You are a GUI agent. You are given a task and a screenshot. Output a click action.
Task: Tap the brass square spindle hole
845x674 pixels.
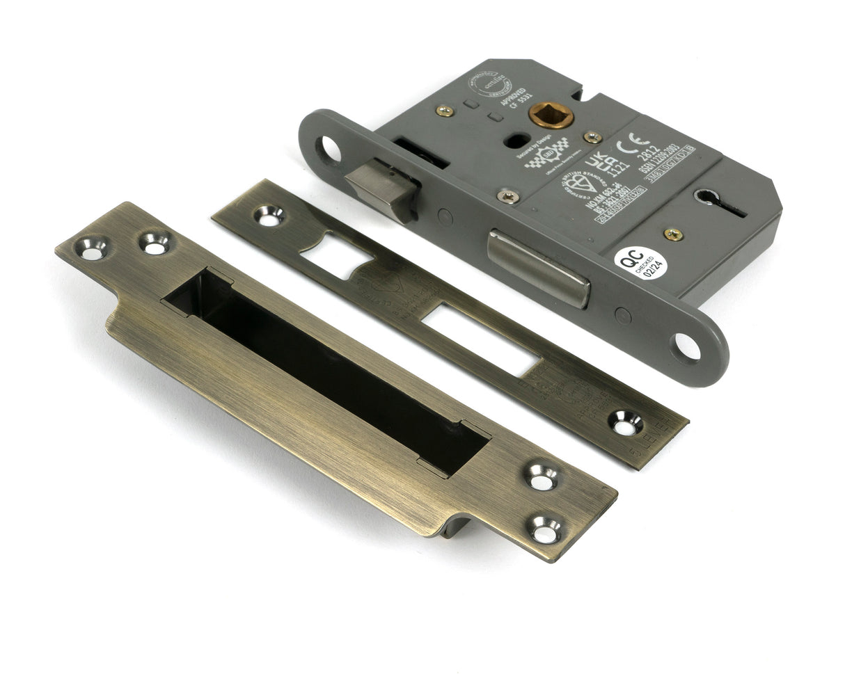pyautogui.click(x=551, y=115)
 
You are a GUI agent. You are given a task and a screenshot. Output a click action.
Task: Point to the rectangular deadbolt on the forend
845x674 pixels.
pyautogui.click(x=537, y=267)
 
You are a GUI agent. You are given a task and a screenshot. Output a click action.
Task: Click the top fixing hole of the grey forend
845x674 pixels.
pyautogui.click(x=329, y=148)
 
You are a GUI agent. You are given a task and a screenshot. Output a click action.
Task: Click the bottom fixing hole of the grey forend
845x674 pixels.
pyautogui.click(x=686, y=346)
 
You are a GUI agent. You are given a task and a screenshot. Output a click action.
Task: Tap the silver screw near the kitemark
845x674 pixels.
pyautogui.click(x=507, y=197)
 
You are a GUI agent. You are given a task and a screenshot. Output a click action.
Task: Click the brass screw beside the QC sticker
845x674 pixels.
pyautogui.click(x=673, y=234)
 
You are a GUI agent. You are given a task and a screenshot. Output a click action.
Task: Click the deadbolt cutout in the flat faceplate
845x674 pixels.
pyautogui.click(x=480, y=339)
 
